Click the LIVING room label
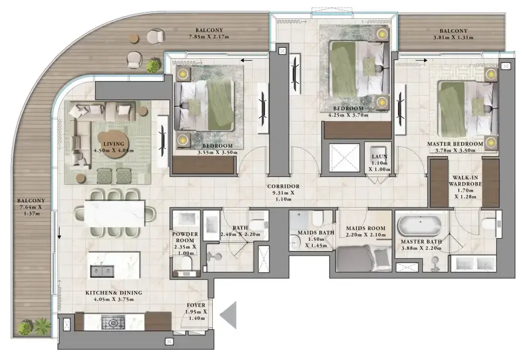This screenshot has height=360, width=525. [114, 144]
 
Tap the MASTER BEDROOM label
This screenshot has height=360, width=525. [455, 144]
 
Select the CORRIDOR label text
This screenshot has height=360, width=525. [283, 186]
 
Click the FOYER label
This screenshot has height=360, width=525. [196, 305]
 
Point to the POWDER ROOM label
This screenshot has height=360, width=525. [185, 237]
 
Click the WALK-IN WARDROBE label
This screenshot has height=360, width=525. [465, 181]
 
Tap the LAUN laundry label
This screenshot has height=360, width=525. [379, 157]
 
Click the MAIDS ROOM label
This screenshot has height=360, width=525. [365, 228]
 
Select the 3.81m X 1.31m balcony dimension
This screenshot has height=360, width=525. [453, 37]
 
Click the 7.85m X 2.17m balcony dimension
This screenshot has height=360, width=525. [209, 37]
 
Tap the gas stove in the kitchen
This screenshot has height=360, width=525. [113, 322]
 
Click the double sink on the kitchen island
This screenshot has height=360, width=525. [102, 271]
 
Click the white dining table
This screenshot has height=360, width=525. [115, 213]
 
